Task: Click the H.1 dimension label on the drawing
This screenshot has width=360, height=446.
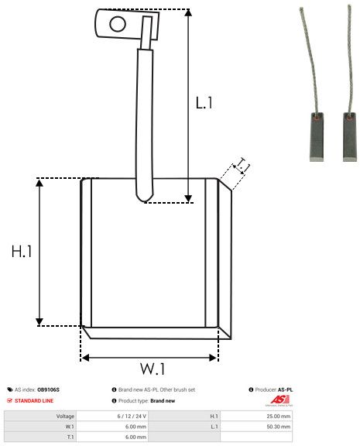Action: click(21, 252)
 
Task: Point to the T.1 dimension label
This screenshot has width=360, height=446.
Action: click(242, 166)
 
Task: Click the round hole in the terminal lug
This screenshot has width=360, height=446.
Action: click(117, 23)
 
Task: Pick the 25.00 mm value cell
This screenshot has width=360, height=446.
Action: click(278, 416)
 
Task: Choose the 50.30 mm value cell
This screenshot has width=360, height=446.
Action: click(278, 426)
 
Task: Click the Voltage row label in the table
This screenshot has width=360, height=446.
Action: click(65, 416)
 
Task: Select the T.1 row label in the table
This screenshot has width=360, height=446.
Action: click(70, 436)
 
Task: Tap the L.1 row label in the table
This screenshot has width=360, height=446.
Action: click(214, 426)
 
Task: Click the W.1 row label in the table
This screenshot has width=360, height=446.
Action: click(69, 426)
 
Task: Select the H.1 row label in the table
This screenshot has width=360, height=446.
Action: click(214, 416)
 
